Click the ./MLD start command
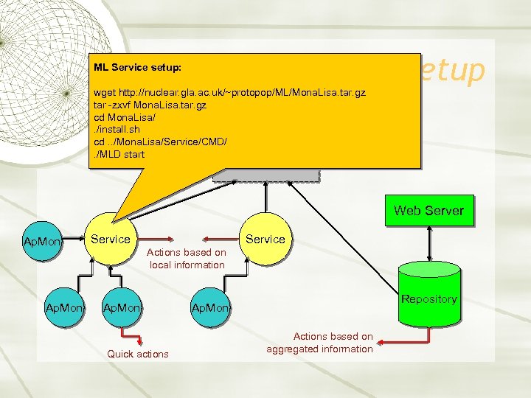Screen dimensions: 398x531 point(119,154)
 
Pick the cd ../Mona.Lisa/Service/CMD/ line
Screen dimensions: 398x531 point(160,142)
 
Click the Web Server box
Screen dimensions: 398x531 point(428,210)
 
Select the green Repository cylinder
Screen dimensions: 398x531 point(428,298)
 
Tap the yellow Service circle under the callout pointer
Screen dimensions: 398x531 point(111,239)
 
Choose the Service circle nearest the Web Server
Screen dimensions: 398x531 point(265,239)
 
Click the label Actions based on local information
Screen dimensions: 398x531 point(187,259)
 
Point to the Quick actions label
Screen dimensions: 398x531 point(138,354)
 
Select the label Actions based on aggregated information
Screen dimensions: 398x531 point(320,343)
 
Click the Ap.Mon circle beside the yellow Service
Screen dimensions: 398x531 point(42,241)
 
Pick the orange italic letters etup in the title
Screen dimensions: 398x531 point(451,70)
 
